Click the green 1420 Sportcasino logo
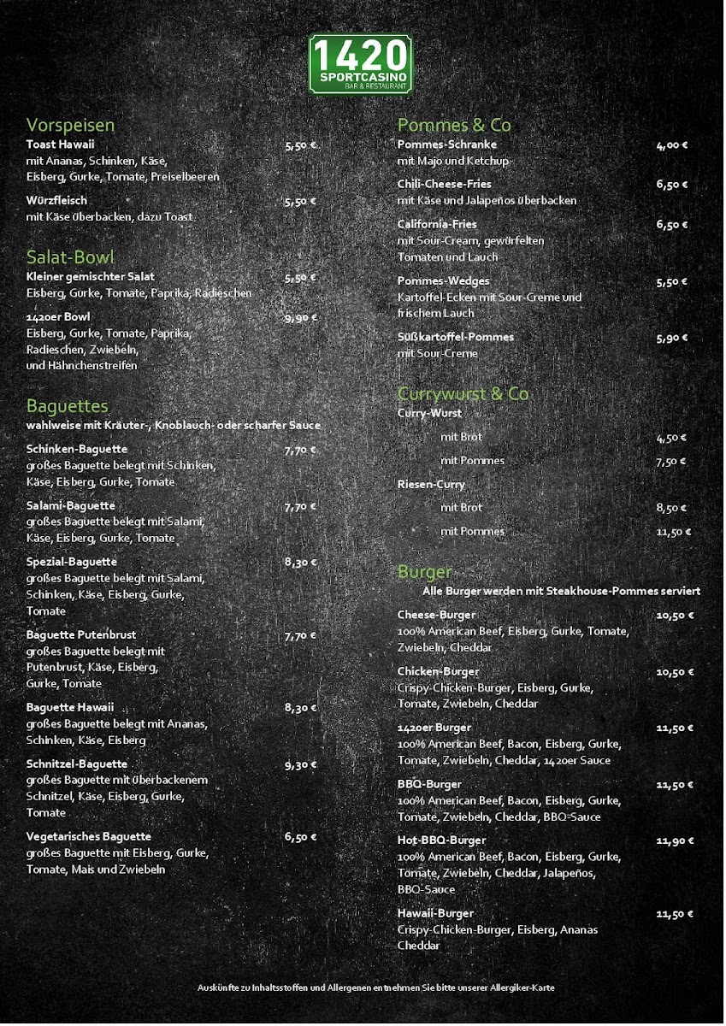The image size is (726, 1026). tap(360, 63)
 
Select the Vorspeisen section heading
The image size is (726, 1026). tap(70, 125)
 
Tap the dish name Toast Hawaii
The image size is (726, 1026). tap(60, 144)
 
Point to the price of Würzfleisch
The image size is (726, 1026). tap(300, 202)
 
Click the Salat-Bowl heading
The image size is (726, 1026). tap(70, 257)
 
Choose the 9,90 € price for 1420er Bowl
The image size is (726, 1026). tap(300, 317)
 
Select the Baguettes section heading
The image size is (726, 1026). tap(67, 404)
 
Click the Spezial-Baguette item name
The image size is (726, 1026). tap(72, 562)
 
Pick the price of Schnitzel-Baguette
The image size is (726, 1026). tap(300, 764)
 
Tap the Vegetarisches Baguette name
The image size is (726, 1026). tap(89, 836)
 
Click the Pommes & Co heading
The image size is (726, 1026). tap(454, 125)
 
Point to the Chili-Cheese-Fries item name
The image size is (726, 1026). tap(444, 184)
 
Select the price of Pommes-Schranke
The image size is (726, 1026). tap(672, 145)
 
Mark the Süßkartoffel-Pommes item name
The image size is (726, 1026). tap(456, 337)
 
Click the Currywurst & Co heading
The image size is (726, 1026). tap(463, 393)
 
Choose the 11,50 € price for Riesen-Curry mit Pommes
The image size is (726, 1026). tap(673, 532)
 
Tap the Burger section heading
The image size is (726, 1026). tap(424, 571)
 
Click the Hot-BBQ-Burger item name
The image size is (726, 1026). tap(441, 840)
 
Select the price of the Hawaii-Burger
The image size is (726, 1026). tap(674, 914)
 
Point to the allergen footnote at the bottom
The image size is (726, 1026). tap(375, 988)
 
